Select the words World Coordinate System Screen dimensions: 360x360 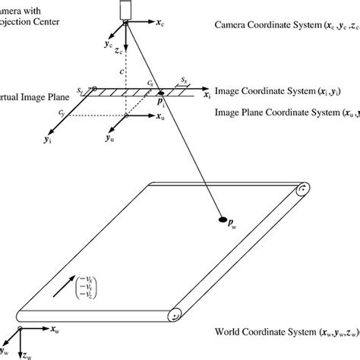[267, 333]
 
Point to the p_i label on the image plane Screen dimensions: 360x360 [161, 104]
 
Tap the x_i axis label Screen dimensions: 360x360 [207, 96]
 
